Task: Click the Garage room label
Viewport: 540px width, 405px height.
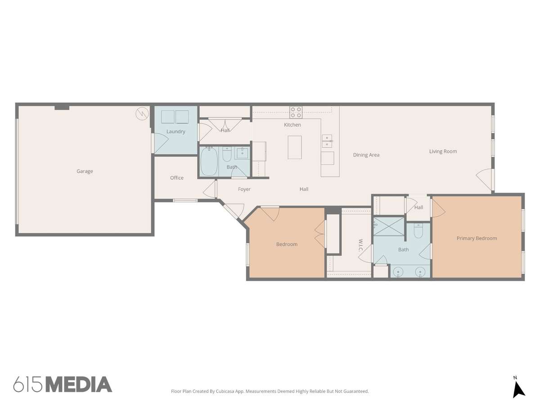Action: click(x=85, y=171)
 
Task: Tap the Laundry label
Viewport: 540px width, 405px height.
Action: click(x=175, y=131)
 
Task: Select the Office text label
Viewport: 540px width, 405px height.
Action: click(x=177, y=178)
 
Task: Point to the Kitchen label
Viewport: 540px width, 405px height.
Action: click(x=292, y=125)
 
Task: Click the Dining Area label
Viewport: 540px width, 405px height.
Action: click(x=366, y=155)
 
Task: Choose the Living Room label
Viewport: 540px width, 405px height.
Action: click(x=443, y=152)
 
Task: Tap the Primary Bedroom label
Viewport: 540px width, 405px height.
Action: click(x=477, y=238)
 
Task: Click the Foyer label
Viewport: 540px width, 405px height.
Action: click(x=244, y=189)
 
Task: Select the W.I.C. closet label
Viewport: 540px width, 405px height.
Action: click(x=360, y=245)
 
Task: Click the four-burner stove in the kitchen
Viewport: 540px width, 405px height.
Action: click(x=296, y=112)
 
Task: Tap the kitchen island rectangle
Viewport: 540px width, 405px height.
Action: click(x=295, y=147)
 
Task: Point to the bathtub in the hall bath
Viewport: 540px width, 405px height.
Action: click(x=209, y=161)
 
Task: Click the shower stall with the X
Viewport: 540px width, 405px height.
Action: click(x=389, y=226)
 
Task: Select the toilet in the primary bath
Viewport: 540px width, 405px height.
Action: click(x=418, y=231)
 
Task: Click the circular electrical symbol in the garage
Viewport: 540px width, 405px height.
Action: click(x=142, y=114)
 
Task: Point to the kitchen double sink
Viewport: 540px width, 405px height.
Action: click(x=327, y=141)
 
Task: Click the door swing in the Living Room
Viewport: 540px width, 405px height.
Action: click(x=484, y=179)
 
